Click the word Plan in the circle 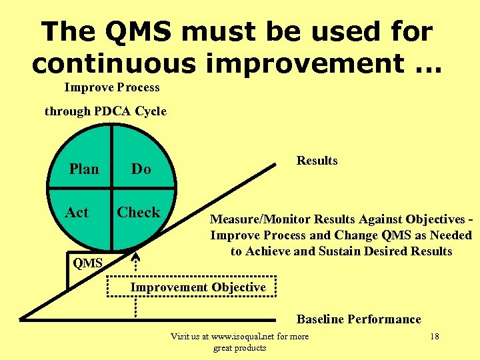[x=84, y=169]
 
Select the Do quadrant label [x=141, y=169]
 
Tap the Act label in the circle [x=77, y=213]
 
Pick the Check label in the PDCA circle [x=139, y=213]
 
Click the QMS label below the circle [x=87, y=263]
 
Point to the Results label [x=317, y=161]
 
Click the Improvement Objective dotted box [x=198, y=287]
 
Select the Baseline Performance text [x=359, y=319]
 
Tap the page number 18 [x=434, y=336]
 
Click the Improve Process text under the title [x=112, y=87]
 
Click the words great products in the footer [x=239, y=347]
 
